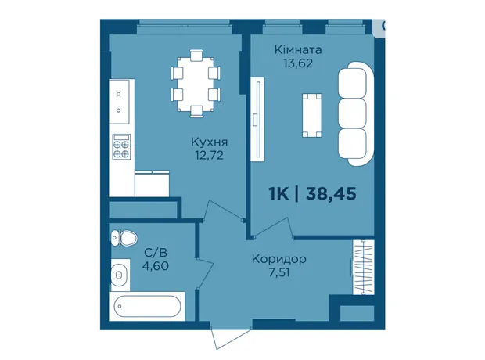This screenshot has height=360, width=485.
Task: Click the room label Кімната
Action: [x=298, y=49]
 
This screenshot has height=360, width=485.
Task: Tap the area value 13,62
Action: [x=298, y=63]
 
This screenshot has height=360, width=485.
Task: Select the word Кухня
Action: [x=210, y=142]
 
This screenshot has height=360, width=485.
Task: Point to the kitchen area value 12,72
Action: [x=209, y=155]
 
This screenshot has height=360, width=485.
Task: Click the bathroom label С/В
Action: [x=156, y=253]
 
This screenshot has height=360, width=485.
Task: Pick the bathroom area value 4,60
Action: [x=155, y=266]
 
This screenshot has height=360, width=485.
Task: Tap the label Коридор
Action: [x=279, y=259]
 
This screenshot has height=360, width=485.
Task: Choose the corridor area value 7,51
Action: [x=279, y=272]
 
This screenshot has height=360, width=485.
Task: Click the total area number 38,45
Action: [x=331, y=194]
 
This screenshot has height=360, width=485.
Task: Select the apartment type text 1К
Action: [x=278, y=194]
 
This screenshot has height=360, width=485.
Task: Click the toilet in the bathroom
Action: [x=124, y=238]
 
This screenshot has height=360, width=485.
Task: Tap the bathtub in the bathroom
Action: [x=147, y=306]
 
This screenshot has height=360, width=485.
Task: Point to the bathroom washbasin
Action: [x=120, y=275]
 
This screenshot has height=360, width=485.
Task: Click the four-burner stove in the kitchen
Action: [x=121, y=146]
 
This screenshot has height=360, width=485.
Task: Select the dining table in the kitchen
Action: [x=196, y=84]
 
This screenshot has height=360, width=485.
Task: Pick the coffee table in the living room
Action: [x=312, y=115]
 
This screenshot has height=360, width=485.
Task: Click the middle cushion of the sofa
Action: [x=352, y=113]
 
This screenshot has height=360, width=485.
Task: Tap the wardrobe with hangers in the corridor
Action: [x=364, y=267]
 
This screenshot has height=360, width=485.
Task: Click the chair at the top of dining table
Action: [x=196, y=55]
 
